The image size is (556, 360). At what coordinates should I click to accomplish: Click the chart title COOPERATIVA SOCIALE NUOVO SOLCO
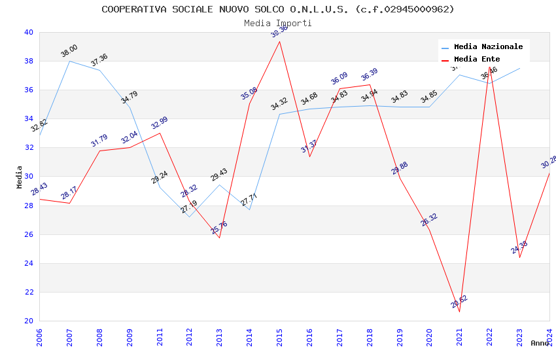point(277,9)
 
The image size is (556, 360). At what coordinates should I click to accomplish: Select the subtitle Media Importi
point(277,23)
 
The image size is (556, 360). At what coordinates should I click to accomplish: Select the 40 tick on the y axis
point(29,32)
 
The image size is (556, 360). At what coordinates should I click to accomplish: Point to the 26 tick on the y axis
point(29,234)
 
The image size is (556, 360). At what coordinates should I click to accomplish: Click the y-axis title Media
point(20,177)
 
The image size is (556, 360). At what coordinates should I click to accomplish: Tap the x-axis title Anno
point(540,343)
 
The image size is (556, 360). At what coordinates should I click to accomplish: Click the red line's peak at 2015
point(280,41)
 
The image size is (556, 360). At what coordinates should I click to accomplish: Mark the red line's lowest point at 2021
point(459,312)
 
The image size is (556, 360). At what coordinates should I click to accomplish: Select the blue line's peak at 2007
point(70,61)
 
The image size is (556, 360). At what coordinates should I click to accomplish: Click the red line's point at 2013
point(220,238)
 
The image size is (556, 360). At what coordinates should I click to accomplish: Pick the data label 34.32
point(279,103)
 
